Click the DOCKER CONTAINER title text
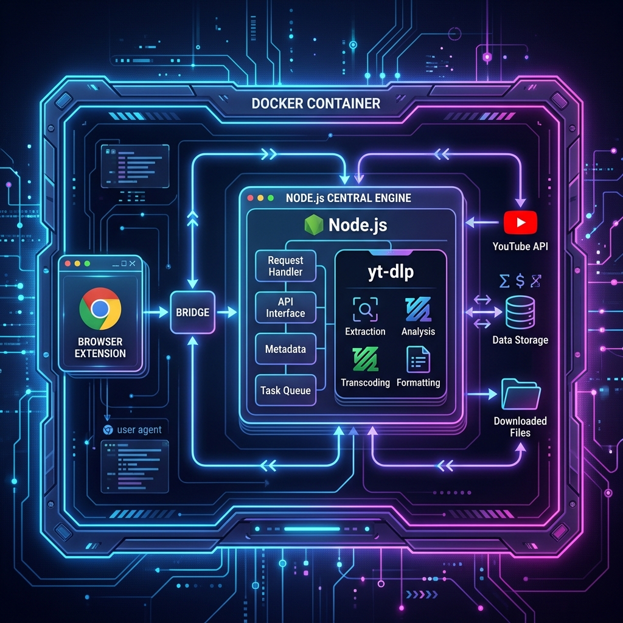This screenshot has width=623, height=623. coord(316,103)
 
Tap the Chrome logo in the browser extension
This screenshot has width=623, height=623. coord(100,308)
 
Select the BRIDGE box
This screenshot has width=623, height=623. coord(193,312)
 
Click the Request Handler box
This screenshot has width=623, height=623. coord(286,266)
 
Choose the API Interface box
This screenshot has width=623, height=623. coord(286,307)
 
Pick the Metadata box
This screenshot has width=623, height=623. coord(286,349)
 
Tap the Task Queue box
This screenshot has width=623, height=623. coord(286,390)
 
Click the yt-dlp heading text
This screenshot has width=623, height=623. coord(391,272)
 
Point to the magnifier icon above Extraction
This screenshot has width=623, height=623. coord(365,309)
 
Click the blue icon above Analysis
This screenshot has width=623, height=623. coord(418,309)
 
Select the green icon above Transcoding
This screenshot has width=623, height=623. coord(365,359)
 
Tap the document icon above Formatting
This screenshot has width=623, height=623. coord(419,359)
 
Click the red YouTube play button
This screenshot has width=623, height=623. coord(521,223)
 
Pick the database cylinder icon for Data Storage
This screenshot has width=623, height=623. coord(520,312)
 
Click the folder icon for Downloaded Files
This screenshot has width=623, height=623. coord(521,394)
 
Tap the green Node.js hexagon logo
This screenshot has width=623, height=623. coord(314,225)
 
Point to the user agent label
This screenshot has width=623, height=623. coord(139,430)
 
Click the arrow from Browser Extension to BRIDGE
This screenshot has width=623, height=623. coord(155,312)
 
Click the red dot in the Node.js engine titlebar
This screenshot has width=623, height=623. coord(250,198)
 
